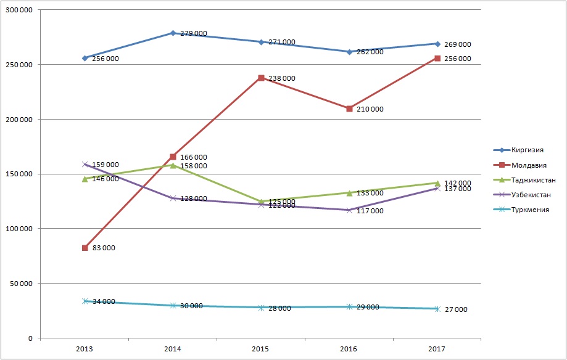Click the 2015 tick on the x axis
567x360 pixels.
[261, 349]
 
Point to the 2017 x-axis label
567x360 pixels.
[437, 349]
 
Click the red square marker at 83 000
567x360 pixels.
[85, 248]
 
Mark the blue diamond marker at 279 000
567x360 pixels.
[173, 33]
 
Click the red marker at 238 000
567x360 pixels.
[261, 78]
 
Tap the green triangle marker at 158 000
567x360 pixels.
[173, 165]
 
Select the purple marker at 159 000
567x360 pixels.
[85, 165]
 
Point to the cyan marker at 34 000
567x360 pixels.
[85, 301]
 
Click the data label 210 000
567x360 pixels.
[369, 110]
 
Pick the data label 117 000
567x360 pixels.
[369, 211]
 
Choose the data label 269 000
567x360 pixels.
[457, 44]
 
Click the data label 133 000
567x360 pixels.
[369, 194]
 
